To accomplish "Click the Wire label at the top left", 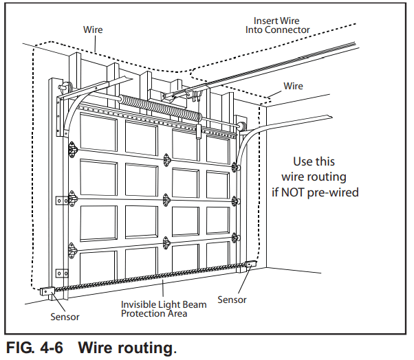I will [93, 30].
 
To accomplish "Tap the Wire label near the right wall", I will [293, 86].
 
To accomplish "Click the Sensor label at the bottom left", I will [65, 317].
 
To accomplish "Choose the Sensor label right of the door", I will [232, 300].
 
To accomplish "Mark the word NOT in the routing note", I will [291, 192].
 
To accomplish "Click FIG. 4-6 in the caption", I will [34, 348].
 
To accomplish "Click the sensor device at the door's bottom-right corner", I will [248, 265].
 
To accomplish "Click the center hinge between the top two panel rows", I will [166, 158].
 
